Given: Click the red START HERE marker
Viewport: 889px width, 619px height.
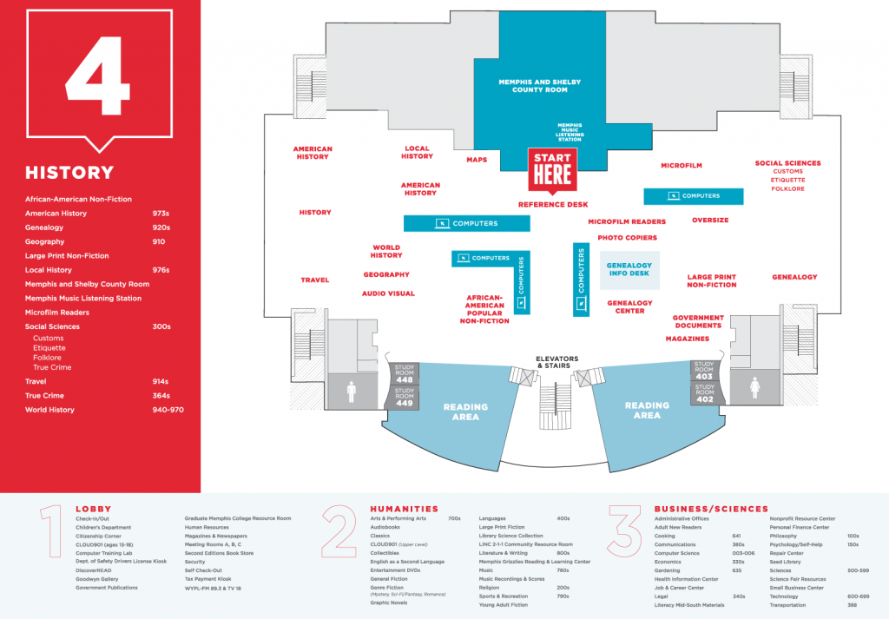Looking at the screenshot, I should click(x=552, y=169).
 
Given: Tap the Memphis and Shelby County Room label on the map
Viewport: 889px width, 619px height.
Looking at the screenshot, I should click(x=539, y=85).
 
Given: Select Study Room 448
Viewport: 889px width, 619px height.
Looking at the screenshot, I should click(x=404, y=373).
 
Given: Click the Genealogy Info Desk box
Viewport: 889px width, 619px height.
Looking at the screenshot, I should click(x=629, y=269).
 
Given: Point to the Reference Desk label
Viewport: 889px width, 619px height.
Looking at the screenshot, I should click(x=553, y=205).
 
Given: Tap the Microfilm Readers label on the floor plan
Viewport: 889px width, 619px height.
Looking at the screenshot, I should click(x=627, y=221).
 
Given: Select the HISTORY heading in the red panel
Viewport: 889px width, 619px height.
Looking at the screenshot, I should click(x=69, y=173).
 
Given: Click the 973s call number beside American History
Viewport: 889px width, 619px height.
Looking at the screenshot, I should click(x=161, y=214).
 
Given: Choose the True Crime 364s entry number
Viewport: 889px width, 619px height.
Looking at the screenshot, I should click(x=161, y=396).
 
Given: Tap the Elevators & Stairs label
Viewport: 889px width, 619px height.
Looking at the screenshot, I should click(x=556, y=362).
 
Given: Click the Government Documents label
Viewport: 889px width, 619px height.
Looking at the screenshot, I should click(x=698, y=321).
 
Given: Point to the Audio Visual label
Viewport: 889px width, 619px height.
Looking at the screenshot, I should click(x=388, y=293).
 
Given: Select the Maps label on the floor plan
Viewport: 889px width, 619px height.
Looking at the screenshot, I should click(x=477, y=160).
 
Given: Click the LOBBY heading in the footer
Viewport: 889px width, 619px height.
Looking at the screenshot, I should click(x=93, y=509).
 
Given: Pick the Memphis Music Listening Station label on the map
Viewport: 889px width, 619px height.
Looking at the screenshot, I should click(x=570, y=132).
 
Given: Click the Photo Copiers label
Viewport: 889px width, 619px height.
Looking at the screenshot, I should click(x=627, y=237).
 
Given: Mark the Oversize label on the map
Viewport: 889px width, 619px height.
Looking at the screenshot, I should click(x=710, y=221).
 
